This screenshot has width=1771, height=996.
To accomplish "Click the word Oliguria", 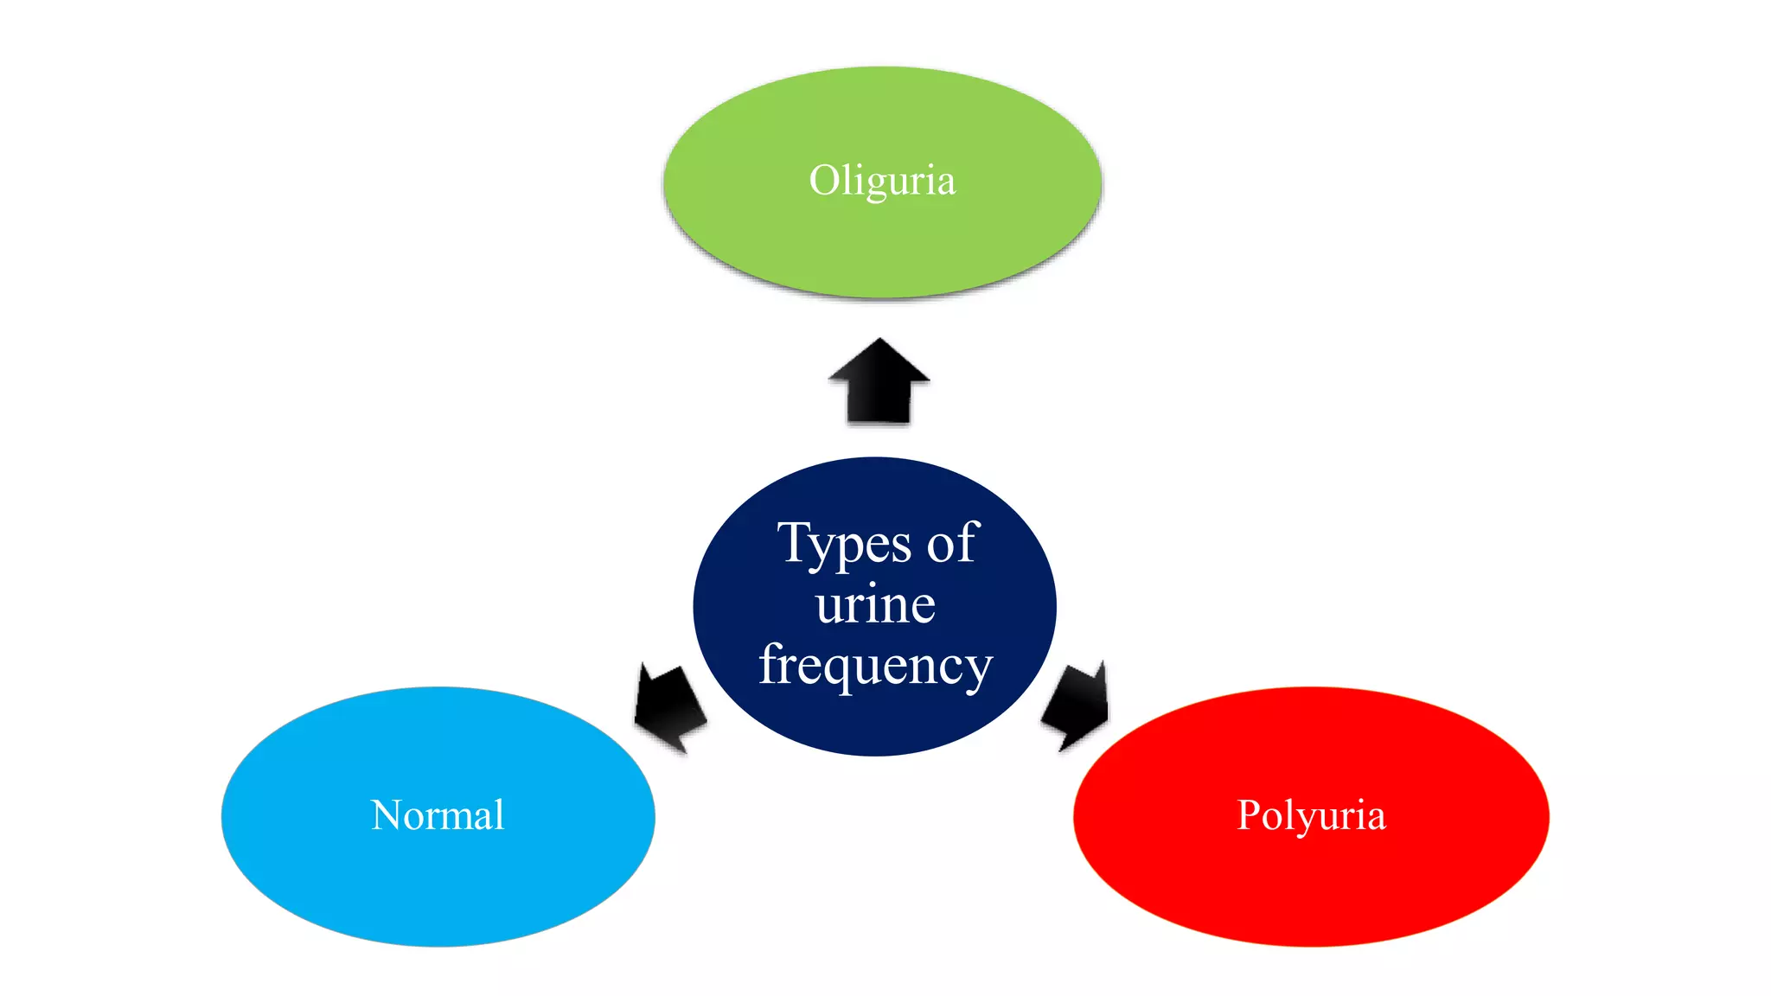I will point(882,181).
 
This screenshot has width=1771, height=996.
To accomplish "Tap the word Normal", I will point(438,815).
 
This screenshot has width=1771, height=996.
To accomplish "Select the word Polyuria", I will point(1311,815).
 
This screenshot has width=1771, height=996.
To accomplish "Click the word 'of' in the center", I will point(953,545).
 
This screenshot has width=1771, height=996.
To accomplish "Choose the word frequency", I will point(875,666).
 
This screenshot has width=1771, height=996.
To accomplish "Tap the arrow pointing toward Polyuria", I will point(1077,705).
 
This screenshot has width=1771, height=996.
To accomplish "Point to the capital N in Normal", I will point(386,815).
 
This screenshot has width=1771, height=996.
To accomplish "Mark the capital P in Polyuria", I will point(1249,815).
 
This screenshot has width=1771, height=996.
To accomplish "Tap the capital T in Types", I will point(793,542).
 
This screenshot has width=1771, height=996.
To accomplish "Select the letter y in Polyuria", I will point(1305,820).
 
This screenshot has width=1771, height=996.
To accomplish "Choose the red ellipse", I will point(1311,891).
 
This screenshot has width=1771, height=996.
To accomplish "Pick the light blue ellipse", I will point(438,891).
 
